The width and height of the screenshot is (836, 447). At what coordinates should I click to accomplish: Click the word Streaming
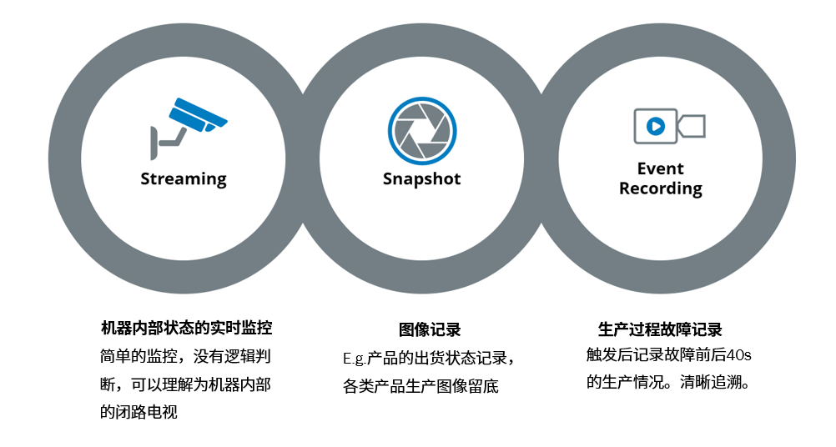point(183,178)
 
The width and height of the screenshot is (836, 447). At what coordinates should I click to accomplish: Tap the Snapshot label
point(421,178)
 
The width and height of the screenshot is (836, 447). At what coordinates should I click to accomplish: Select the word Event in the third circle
point(660,169)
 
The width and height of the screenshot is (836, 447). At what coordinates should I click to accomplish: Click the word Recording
point(660,188)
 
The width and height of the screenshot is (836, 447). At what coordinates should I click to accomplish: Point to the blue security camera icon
point(198,115)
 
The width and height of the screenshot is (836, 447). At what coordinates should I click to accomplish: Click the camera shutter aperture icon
point(422,131)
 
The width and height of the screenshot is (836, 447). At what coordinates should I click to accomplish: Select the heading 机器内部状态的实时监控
point(186,328)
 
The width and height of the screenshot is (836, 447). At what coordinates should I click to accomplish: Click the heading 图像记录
point(430,330)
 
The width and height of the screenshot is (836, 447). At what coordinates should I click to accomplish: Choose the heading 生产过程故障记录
point(660,329)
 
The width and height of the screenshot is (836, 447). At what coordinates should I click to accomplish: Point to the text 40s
point(739,354)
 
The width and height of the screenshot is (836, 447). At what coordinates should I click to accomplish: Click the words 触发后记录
point(617,354)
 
